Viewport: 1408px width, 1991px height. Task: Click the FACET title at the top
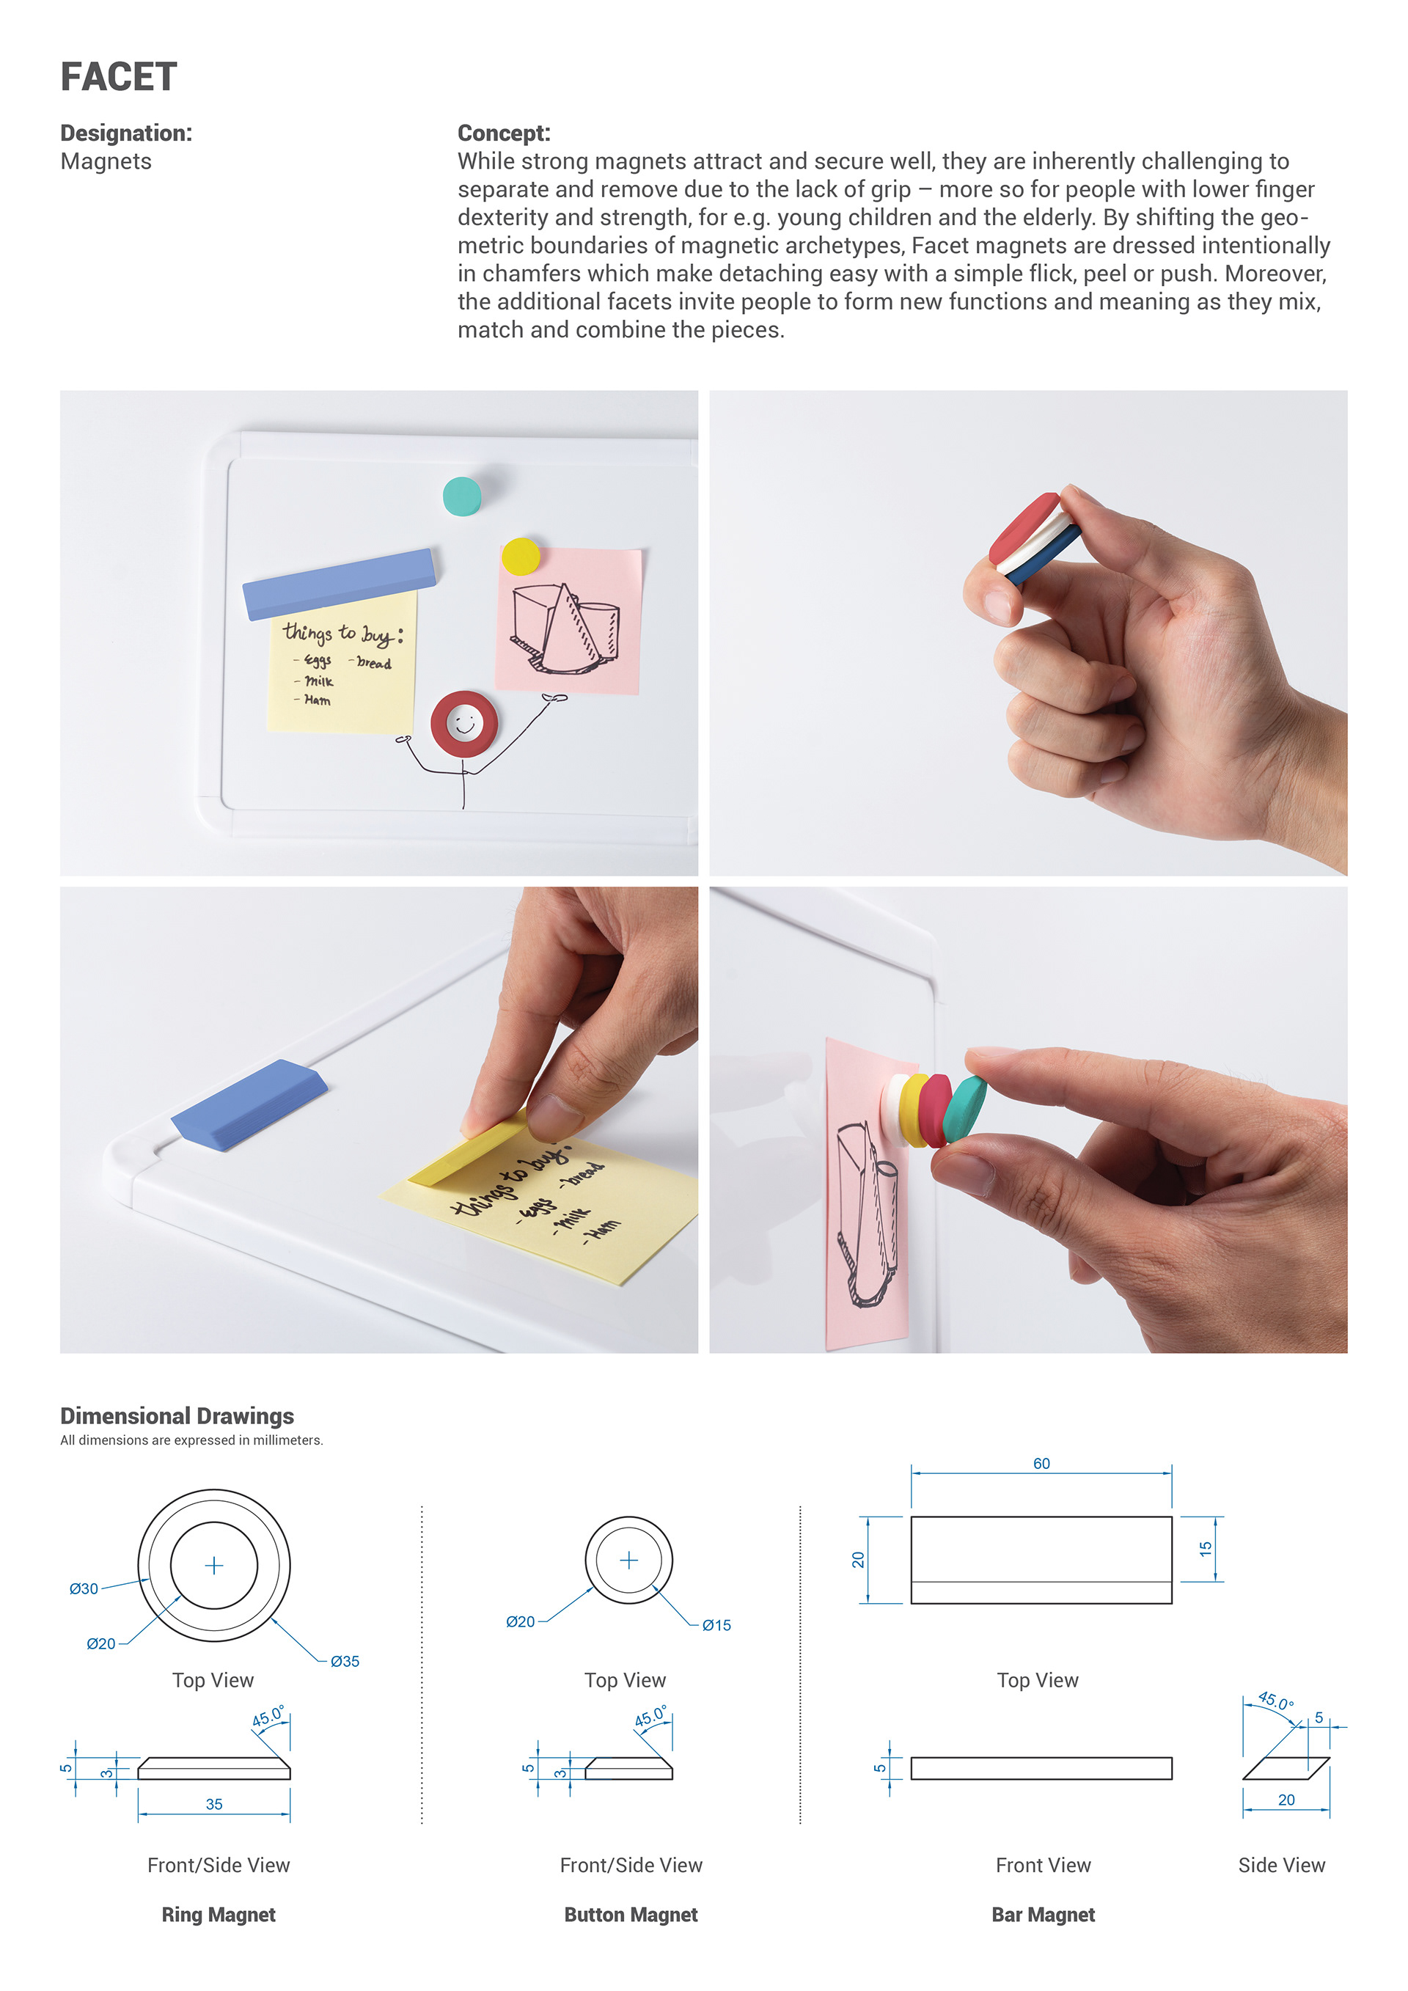coord(119,77)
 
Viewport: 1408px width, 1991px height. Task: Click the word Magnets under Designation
coord(106,162)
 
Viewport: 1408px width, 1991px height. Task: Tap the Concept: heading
coord(504,133)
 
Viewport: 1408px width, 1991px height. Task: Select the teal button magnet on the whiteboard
coord(462,496)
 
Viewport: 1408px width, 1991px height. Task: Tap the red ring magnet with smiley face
coord(465,723)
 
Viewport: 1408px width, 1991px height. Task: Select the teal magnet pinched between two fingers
coord(964,1108)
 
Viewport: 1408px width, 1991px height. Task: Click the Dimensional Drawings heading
coord(177,1416)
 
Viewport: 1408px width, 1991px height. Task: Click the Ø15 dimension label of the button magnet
coord(716,1626)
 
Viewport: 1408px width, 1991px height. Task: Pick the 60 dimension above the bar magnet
coord(1041,1464)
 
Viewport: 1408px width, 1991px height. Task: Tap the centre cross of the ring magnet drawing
coord(214,1565)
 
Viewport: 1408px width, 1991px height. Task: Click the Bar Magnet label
coord(1043,1915)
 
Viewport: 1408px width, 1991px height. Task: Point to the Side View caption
coord(1281,1866)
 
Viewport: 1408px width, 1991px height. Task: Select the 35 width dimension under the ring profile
coord(214,1805)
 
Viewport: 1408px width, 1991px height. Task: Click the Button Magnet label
coord(631,1915)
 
